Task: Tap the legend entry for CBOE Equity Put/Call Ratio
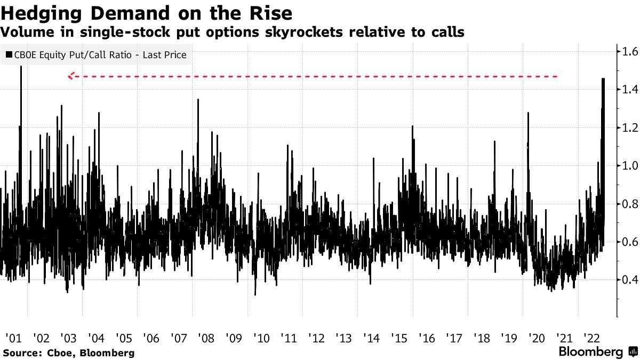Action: click(x=99, y=54)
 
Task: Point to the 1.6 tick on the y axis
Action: click(x=627, y=52)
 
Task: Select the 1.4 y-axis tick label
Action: click(x=627, y=90)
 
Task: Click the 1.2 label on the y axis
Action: click(x=627, y=127)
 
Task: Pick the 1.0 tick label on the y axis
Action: click(x=627, y=165)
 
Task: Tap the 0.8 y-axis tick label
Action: click(x=627, y=203)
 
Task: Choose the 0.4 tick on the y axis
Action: click(x=627, y=279)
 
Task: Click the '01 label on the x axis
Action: click(x=13, y=338)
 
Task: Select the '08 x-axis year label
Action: click(x=205, y=338)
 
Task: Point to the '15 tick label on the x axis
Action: click(x=398, y=338)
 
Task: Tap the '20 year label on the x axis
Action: click(x=535, y=338)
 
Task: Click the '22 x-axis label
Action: click(x=590, y=338)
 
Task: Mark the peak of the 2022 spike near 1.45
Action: click(x=603, y=79)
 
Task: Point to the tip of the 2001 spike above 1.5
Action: click(x=21, y=66)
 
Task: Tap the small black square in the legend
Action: click(x=8, y=54)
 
